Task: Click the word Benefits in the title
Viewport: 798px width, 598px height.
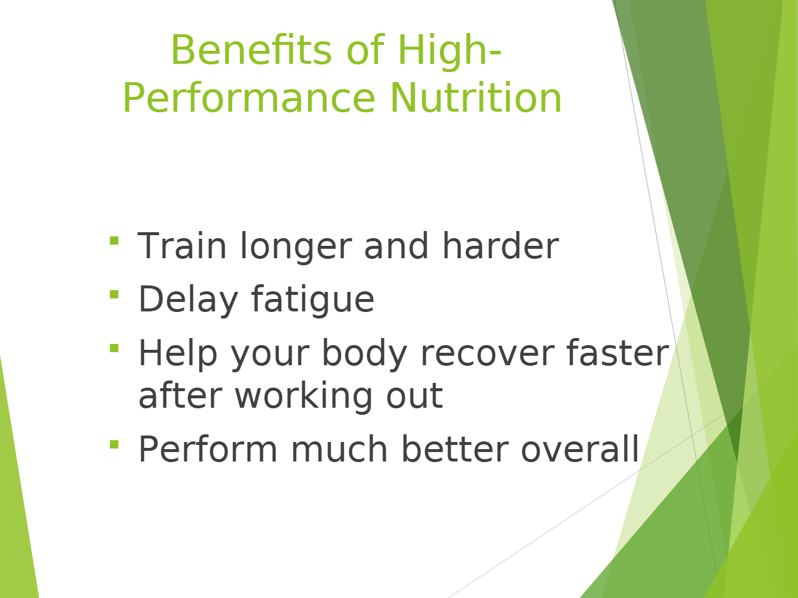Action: (251, 50)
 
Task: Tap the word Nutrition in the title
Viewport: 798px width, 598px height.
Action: (476, 98)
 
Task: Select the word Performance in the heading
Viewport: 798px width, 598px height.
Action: (249, 98)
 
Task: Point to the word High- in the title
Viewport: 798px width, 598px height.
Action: (450, 51)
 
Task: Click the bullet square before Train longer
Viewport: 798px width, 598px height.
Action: (114, 241)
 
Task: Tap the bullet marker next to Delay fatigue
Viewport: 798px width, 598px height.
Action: (114, 294)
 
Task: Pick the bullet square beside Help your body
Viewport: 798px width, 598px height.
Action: (114, 348)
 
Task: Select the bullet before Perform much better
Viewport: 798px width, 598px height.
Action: (114, 444)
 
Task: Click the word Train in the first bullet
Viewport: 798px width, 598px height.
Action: (182, 246)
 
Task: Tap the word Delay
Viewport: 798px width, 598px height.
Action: (189, 300)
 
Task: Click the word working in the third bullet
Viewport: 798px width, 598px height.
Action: (304, 396)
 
